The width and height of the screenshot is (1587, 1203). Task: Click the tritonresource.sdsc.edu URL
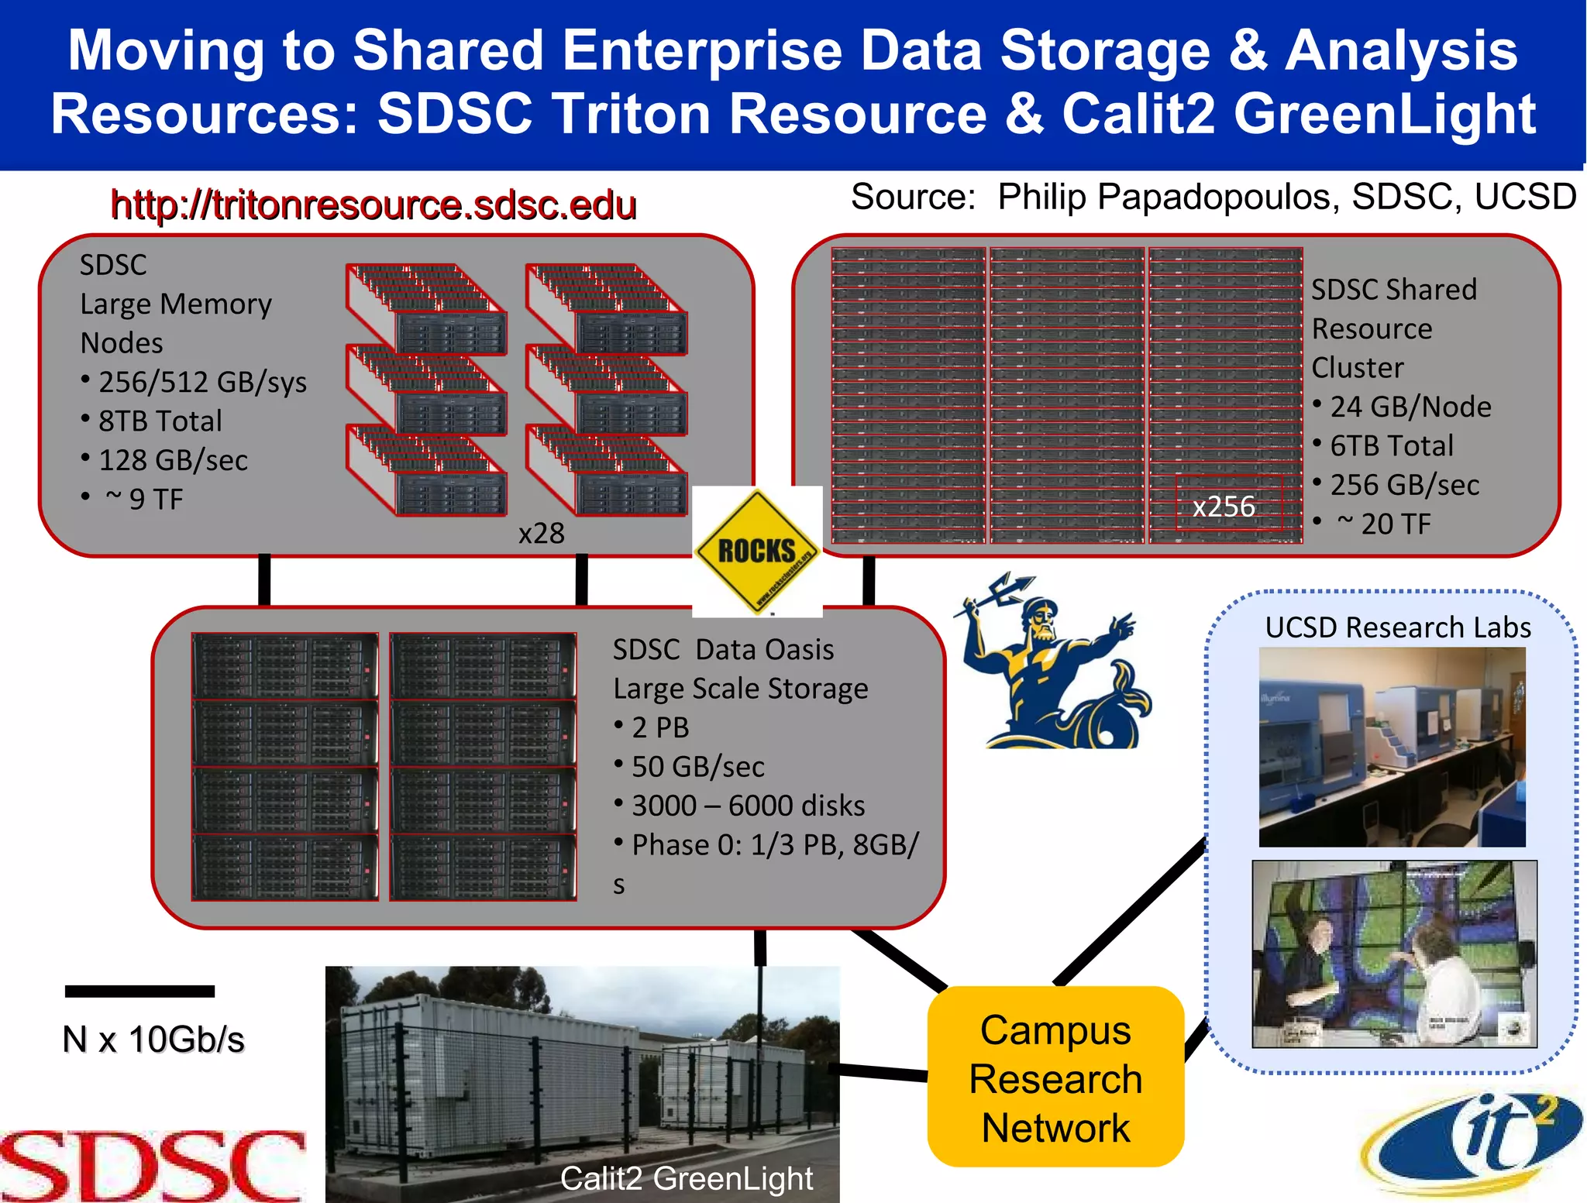373,205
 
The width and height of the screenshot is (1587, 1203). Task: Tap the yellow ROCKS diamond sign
756,551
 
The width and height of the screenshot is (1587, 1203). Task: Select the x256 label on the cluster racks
1224,507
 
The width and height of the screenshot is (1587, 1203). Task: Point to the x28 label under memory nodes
541,534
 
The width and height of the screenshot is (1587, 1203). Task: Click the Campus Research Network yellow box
1055,1078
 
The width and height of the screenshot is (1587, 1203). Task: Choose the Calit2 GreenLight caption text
686,1179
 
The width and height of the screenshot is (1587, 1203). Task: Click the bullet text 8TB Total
160,421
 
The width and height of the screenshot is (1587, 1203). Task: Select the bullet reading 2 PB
659,728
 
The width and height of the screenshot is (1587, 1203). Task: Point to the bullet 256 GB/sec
1404,486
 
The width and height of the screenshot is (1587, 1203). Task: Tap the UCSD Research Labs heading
1397,627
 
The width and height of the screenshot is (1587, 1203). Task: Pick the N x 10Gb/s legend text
153,1040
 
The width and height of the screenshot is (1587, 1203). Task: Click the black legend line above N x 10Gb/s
139,991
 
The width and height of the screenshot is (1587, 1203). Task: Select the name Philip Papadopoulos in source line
1168,198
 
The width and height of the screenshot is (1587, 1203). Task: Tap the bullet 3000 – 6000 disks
748,806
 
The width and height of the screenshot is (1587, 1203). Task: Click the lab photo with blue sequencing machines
1392,747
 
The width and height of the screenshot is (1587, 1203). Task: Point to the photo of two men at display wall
1393,954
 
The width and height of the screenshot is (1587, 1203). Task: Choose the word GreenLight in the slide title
1384,114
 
